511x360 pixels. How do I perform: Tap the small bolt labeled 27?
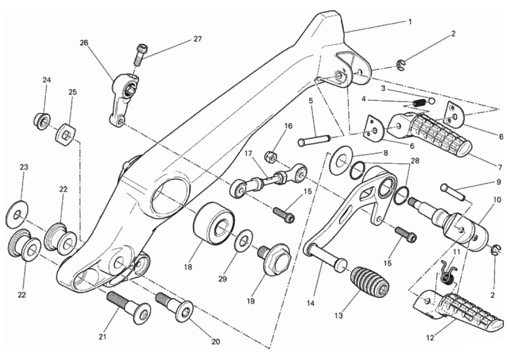click(139, 54)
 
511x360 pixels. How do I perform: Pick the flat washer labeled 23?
click(17, 214)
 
